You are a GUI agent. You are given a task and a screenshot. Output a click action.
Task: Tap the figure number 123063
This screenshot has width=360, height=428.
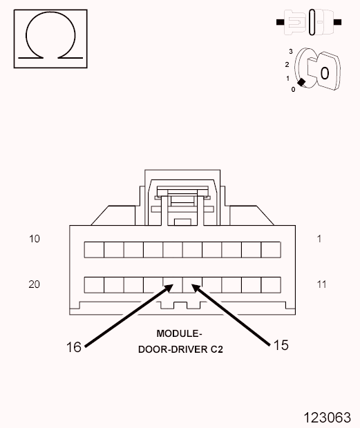coord(328,418)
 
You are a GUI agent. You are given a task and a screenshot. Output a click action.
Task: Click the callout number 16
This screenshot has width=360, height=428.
coord(74,347)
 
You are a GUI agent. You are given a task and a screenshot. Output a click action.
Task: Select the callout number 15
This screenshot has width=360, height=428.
coord(281,345)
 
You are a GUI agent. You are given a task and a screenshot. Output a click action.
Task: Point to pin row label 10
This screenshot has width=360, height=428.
coord(35,239)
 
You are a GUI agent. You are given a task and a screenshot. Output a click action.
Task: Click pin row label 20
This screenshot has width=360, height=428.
coord(34,284)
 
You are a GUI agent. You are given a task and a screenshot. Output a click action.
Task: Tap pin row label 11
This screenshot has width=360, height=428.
coord(321,284)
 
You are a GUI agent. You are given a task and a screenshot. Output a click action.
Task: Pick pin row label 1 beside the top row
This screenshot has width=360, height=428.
coord(319,239)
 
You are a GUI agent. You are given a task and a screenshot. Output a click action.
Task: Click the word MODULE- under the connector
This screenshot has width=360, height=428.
coord(179,333)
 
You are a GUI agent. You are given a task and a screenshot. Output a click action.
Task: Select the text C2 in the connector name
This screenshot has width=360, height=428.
coord(216,349)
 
